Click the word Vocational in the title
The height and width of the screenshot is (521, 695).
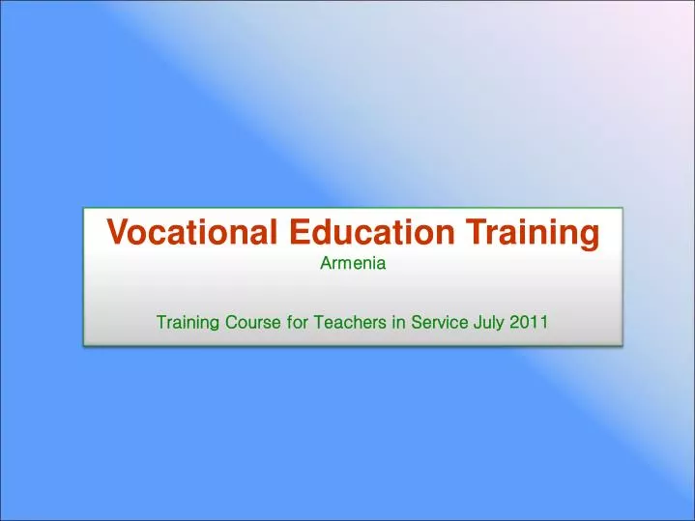pos(181,232)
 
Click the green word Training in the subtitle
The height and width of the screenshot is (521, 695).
pos(188,321)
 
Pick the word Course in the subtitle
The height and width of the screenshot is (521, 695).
pos(254,321)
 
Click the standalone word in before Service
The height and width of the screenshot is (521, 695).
pos(397,321)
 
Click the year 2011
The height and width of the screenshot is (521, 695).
pos(529,321)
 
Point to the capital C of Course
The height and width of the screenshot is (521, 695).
pos(231,321)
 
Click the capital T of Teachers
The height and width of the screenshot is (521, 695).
pos(316,321)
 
